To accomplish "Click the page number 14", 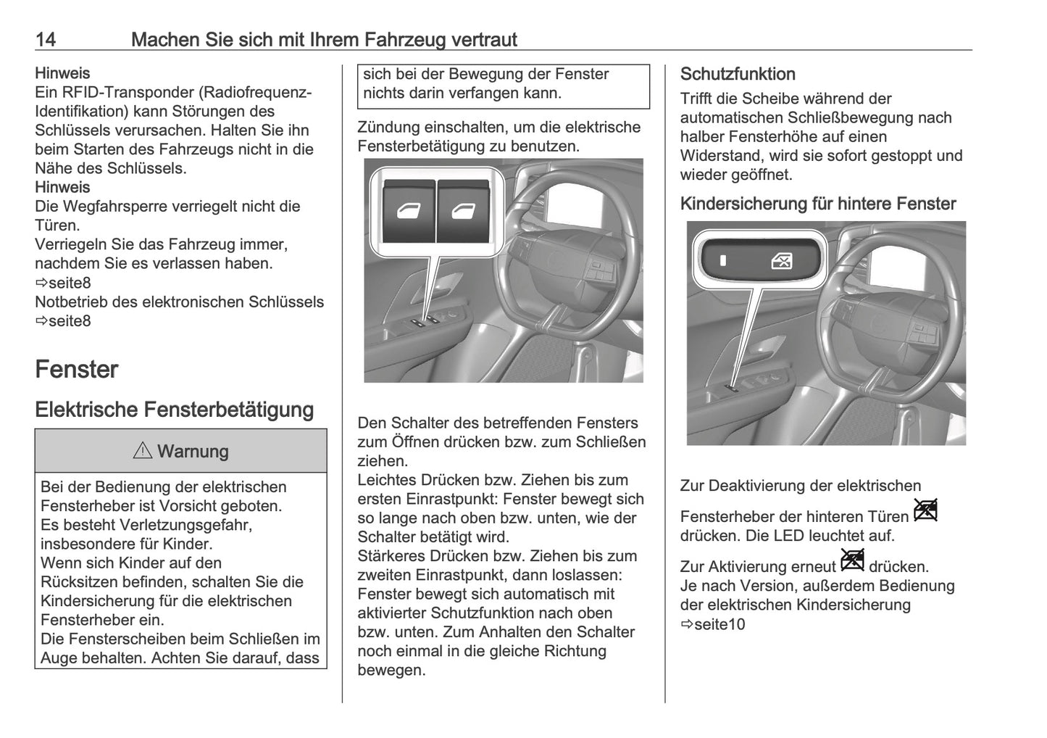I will click(45, 39).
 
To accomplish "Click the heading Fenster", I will click(76, 370).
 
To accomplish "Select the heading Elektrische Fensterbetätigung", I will click(174, 410).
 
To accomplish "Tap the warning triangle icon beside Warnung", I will click(143, 451).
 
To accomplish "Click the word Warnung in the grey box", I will click(193, 452).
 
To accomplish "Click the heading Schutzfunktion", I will click(738, 74).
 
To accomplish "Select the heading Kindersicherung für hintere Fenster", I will click(818, 204).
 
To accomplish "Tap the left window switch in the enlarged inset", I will click(408, 212).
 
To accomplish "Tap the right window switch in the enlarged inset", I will click(464, 212).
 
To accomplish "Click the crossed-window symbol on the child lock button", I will click(781, 260).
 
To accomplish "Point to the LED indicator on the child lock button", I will click(722, 260).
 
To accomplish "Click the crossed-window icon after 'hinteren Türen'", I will click(926, 510).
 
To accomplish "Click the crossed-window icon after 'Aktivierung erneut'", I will click(853, 560).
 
